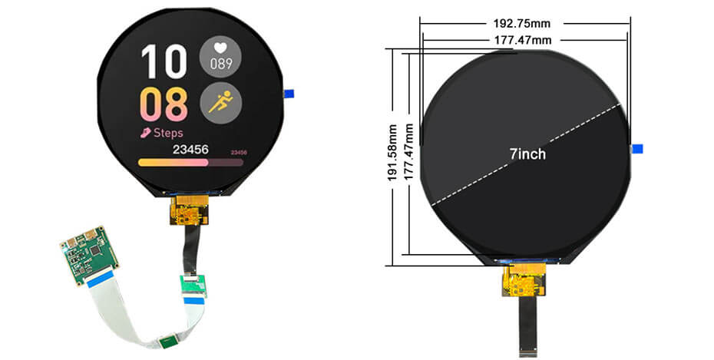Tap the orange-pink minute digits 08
pos(164,105)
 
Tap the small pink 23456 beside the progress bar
pos(239,153)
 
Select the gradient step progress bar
pos(190,162)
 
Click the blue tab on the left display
pos(290,94)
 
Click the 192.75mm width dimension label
pos(524,24)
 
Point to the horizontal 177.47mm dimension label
pos(524,39)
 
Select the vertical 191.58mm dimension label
pos(393,154)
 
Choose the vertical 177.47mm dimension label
pos(408,154)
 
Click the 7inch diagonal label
pos(527,154)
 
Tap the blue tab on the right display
pos(636,149)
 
